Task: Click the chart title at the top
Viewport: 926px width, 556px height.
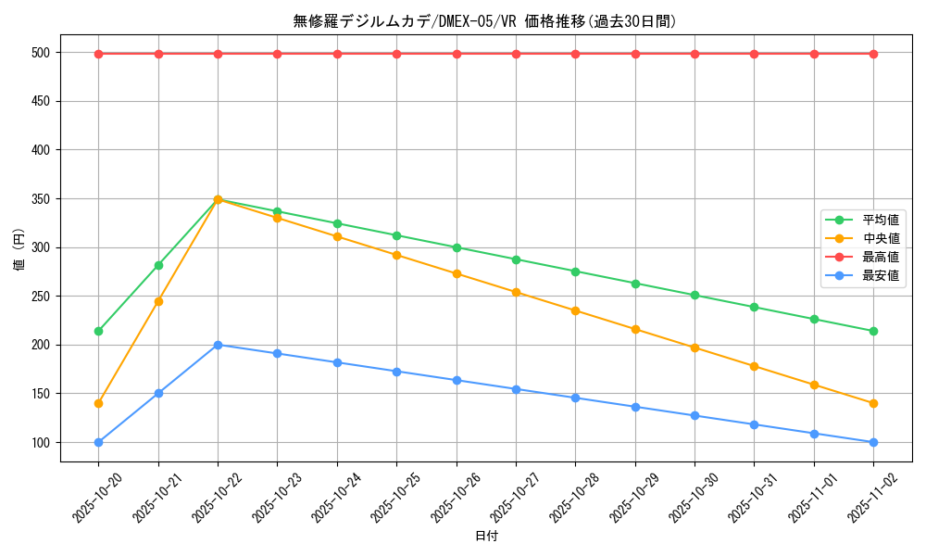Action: click(x=484, y=21)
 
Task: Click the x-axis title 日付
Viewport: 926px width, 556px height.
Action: click(x=486, y=537)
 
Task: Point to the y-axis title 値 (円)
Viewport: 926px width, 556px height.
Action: click(x=19, y=251)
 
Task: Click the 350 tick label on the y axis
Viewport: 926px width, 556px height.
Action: click(x=42, y=198)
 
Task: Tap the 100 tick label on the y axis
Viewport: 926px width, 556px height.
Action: click(x=42, y=442)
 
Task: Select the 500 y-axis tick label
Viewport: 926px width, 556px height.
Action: click(x=42, y=53)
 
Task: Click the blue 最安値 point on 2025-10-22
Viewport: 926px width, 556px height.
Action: click(x=218, y=345)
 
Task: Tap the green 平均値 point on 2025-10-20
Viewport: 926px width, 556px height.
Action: click(x=98, y=331)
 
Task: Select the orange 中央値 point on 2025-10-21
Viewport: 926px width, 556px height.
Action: click(x=158, y=301)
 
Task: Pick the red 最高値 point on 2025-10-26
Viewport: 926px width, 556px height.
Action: click(x=457, y=54)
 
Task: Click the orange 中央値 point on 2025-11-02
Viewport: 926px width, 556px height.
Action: click(x=873, y=403)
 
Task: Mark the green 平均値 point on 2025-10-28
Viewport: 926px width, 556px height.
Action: click(x=575, y=272)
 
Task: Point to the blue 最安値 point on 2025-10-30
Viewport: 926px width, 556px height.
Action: click(x=694, y=415)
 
